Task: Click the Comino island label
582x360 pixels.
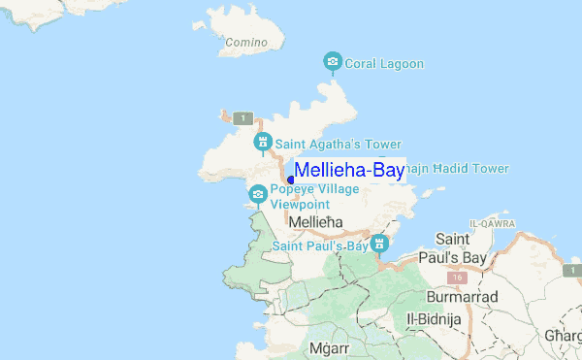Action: (x=246, y=43)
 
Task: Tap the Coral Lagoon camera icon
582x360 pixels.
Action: (x=333, y=63)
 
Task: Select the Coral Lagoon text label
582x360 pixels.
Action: (x=385, y=64)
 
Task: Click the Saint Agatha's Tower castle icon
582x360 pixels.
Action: (x=261, y=144)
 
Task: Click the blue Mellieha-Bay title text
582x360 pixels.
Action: (x=349, y=171)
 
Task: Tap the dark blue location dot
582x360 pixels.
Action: (x=290, y=180)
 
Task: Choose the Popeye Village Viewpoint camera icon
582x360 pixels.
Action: (x=257, y=193)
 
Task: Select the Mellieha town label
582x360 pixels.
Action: (x=316, y=223)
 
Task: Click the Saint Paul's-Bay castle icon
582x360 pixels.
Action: (x=381, y=242)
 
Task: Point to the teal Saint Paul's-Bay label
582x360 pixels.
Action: (x=320, y=246)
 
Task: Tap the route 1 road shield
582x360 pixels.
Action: (x=243, y=118)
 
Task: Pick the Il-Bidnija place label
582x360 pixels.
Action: (x=437, y=318)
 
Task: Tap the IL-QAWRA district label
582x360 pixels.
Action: (x=492, y=223)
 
